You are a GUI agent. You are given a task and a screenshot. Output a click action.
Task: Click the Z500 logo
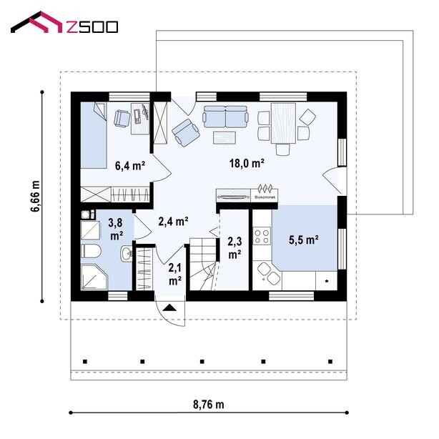pos(64,22)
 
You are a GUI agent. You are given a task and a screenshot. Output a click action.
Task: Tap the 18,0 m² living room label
pos(247,163)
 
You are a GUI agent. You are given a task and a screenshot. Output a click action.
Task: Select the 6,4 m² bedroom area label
pos(130,165)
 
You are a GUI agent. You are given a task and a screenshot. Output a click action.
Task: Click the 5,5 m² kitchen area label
pos(304,240)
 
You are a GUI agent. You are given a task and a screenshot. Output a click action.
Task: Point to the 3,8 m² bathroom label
pos(116,230)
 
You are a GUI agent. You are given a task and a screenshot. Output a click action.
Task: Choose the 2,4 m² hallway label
pos(173,222)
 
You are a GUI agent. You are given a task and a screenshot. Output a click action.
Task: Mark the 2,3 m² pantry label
pos(235,248)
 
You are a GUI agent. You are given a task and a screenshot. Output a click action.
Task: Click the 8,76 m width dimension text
pos(209,405)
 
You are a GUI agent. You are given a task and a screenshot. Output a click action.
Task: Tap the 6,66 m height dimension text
pos(36,196)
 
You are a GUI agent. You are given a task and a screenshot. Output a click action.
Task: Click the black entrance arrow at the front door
pos(169,308)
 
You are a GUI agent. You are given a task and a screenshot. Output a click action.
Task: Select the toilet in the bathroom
pos(91,251)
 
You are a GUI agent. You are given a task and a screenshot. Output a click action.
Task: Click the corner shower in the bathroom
pos(94,277)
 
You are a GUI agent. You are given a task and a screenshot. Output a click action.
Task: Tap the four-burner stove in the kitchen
pos(262,236)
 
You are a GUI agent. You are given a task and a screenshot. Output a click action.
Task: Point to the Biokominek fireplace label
pos(265,197)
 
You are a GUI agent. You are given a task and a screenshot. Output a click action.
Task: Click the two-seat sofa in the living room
pos(225,117)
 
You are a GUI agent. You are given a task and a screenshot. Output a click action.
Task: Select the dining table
pos(283,123)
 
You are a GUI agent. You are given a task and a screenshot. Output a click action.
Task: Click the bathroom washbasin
pos(127,254)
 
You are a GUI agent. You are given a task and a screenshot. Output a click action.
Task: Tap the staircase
pos(204,264)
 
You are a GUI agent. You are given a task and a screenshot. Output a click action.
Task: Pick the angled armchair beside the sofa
pos(186,133)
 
